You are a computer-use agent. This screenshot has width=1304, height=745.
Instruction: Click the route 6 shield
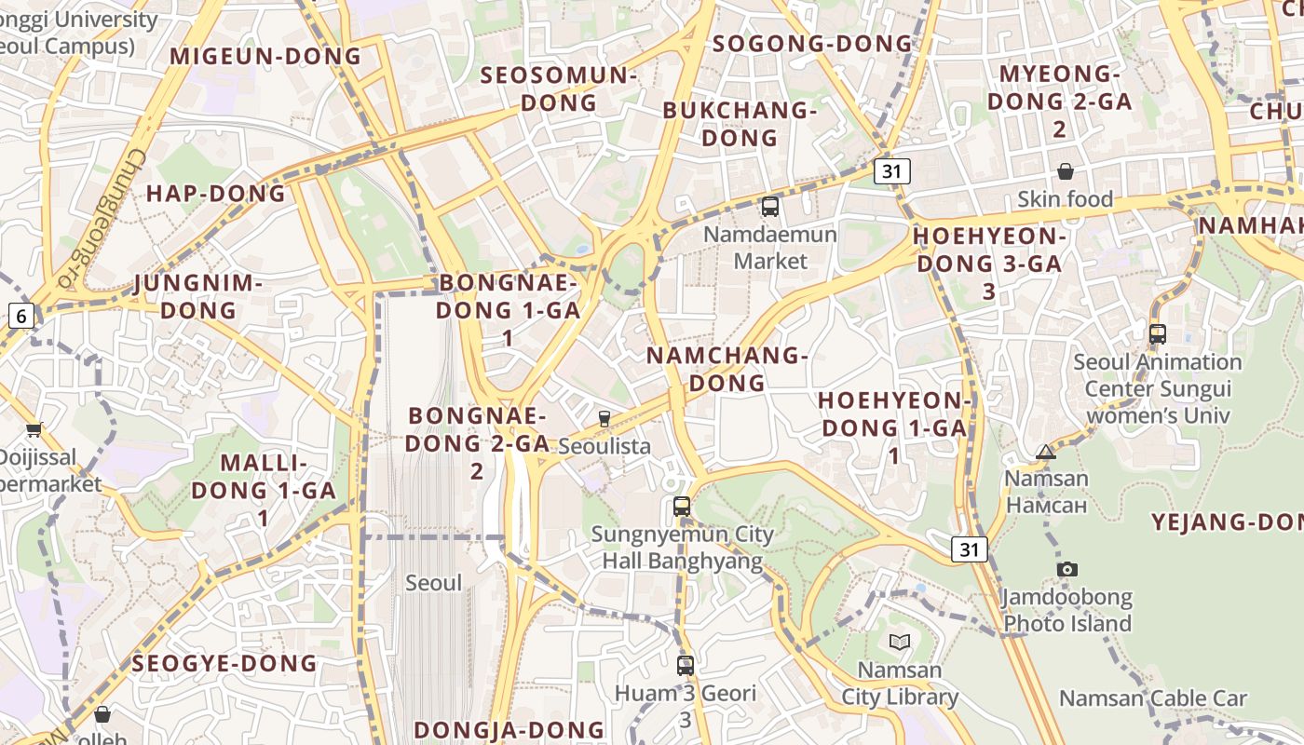[20, 316]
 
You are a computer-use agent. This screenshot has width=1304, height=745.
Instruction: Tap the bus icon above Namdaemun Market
[770, 207]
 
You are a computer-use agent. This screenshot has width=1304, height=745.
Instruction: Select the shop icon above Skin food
[1065, 171]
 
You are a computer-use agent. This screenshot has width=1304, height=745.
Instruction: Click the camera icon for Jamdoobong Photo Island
[1067, 569]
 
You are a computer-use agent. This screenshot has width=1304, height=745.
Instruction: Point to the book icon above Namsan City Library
[899, 642]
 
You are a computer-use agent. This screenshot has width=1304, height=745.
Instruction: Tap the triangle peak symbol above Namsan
[1046, 453]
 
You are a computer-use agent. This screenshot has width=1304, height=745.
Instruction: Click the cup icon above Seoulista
[604, 419]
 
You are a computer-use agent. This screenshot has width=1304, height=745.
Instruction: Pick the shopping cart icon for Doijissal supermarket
[34, 429]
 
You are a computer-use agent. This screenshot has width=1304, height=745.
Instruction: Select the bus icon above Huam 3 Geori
[686, 665]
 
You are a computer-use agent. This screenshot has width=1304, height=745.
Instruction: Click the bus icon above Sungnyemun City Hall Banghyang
[682, 507]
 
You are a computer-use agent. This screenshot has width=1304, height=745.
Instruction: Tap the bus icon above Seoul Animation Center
[1158, 333]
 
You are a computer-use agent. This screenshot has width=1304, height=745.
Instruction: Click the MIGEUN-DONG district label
[265, 56]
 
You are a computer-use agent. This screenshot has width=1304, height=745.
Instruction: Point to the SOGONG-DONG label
[812, 44]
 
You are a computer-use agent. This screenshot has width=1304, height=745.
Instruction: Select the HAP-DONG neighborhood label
[216, 194]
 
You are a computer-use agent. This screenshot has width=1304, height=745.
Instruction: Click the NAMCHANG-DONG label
[727, 369]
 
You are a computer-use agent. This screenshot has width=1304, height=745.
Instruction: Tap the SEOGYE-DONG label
[224, 664]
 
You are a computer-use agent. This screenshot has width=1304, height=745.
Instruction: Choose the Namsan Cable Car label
[1153, 698]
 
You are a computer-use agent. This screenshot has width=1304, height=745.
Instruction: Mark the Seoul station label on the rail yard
[433, 583]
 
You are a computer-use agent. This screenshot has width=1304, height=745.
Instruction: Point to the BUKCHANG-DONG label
[739, 124]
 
